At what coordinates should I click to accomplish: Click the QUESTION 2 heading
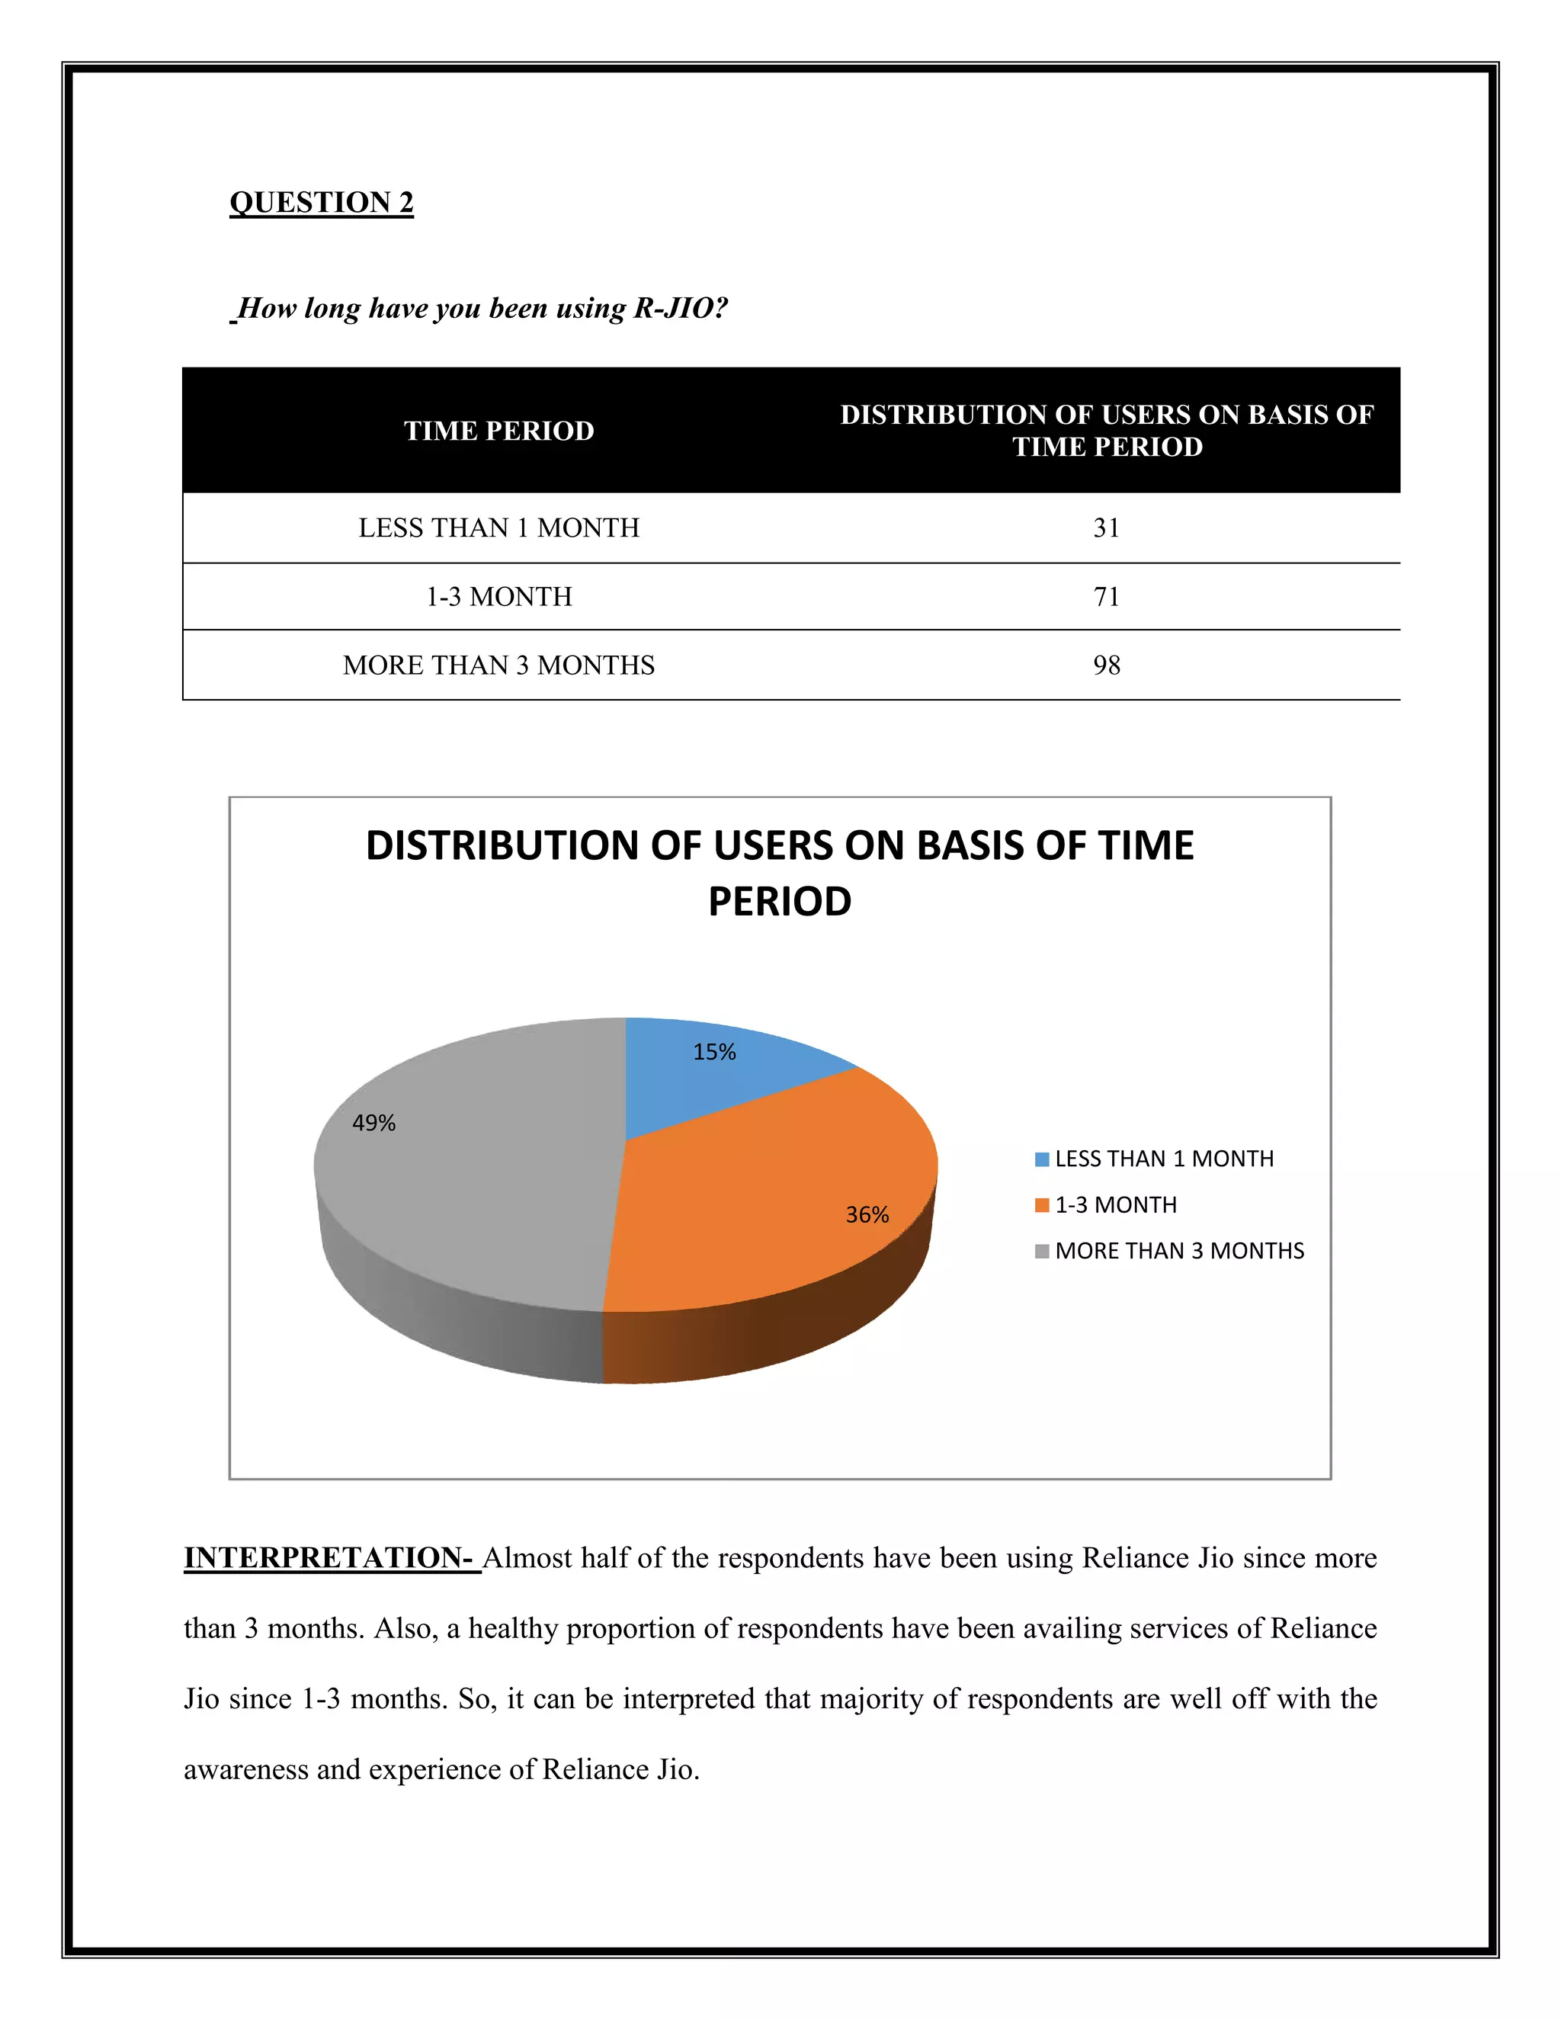[x=321, y=202]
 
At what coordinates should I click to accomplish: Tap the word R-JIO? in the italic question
[x=681, y=308]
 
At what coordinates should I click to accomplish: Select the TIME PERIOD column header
[x=498, y=431]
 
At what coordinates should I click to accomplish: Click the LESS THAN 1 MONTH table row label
[x=498, y=528]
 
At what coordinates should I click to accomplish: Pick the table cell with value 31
[x=1106, y=528]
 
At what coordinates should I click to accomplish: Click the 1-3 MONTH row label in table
[x=498, y=597]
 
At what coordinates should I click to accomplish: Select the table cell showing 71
[x=1106, y=597]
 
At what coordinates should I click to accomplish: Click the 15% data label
[x=714, y=1053]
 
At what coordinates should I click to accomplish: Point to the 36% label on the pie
[x=867, y=1215]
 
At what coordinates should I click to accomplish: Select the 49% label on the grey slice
[x=373, y=1123]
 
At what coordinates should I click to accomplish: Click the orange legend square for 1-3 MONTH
[x=1042, y=1205]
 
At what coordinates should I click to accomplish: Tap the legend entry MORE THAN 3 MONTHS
[x=1179, y=1252]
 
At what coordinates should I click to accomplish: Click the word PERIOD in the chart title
[x=780, y=902]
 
